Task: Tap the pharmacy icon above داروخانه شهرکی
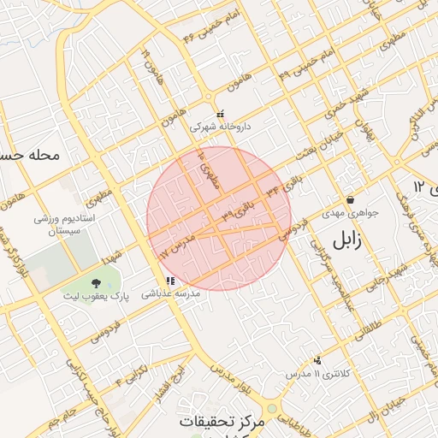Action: click(220, 114)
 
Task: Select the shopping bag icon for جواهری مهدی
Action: click(350, 199)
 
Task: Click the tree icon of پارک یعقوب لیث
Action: click(95, 282)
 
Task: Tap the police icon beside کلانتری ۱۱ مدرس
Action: click(318, 361)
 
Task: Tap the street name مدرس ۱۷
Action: click(177, 244)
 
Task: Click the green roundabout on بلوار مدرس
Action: click(272, 409)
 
